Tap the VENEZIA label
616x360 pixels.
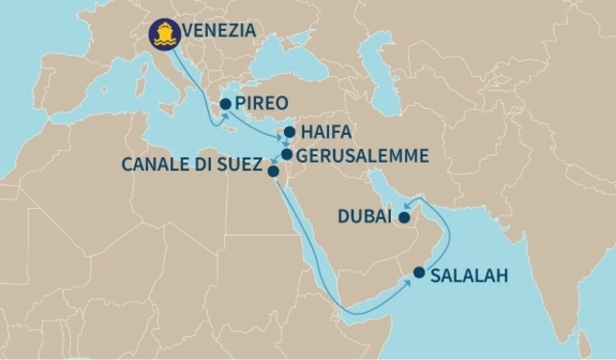tap(220, 32)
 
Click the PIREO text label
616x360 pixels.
tap(262, 103)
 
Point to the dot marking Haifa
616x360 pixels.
tap(290, 132)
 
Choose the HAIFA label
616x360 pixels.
tap(326, 132)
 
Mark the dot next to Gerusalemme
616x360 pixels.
tap(286, 153)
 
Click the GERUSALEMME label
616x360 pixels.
tap(360, 154)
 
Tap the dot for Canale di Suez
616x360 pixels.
tap(272, 171)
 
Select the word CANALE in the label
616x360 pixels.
tap(154, 165)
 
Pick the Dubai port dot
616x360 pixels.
tap(405, 219)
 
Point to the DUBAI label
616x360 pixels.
tap(365, 219)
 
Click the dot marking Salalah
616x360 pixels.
tap(419, 272)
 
